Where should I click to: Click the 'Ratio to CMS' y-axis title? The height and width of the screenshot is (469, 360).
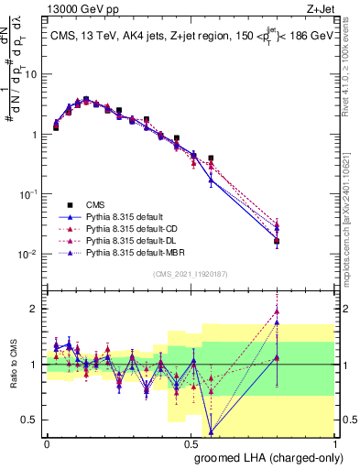(14, 365)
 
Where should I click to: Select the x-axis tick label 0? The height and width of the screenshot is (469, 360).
(46, 442)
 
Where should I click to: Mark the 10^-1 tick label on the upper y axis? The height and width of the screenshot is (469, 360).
(28, 193)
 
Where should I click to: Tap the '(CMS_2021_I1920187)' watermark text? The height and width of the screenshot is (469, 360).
(190, 274)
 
